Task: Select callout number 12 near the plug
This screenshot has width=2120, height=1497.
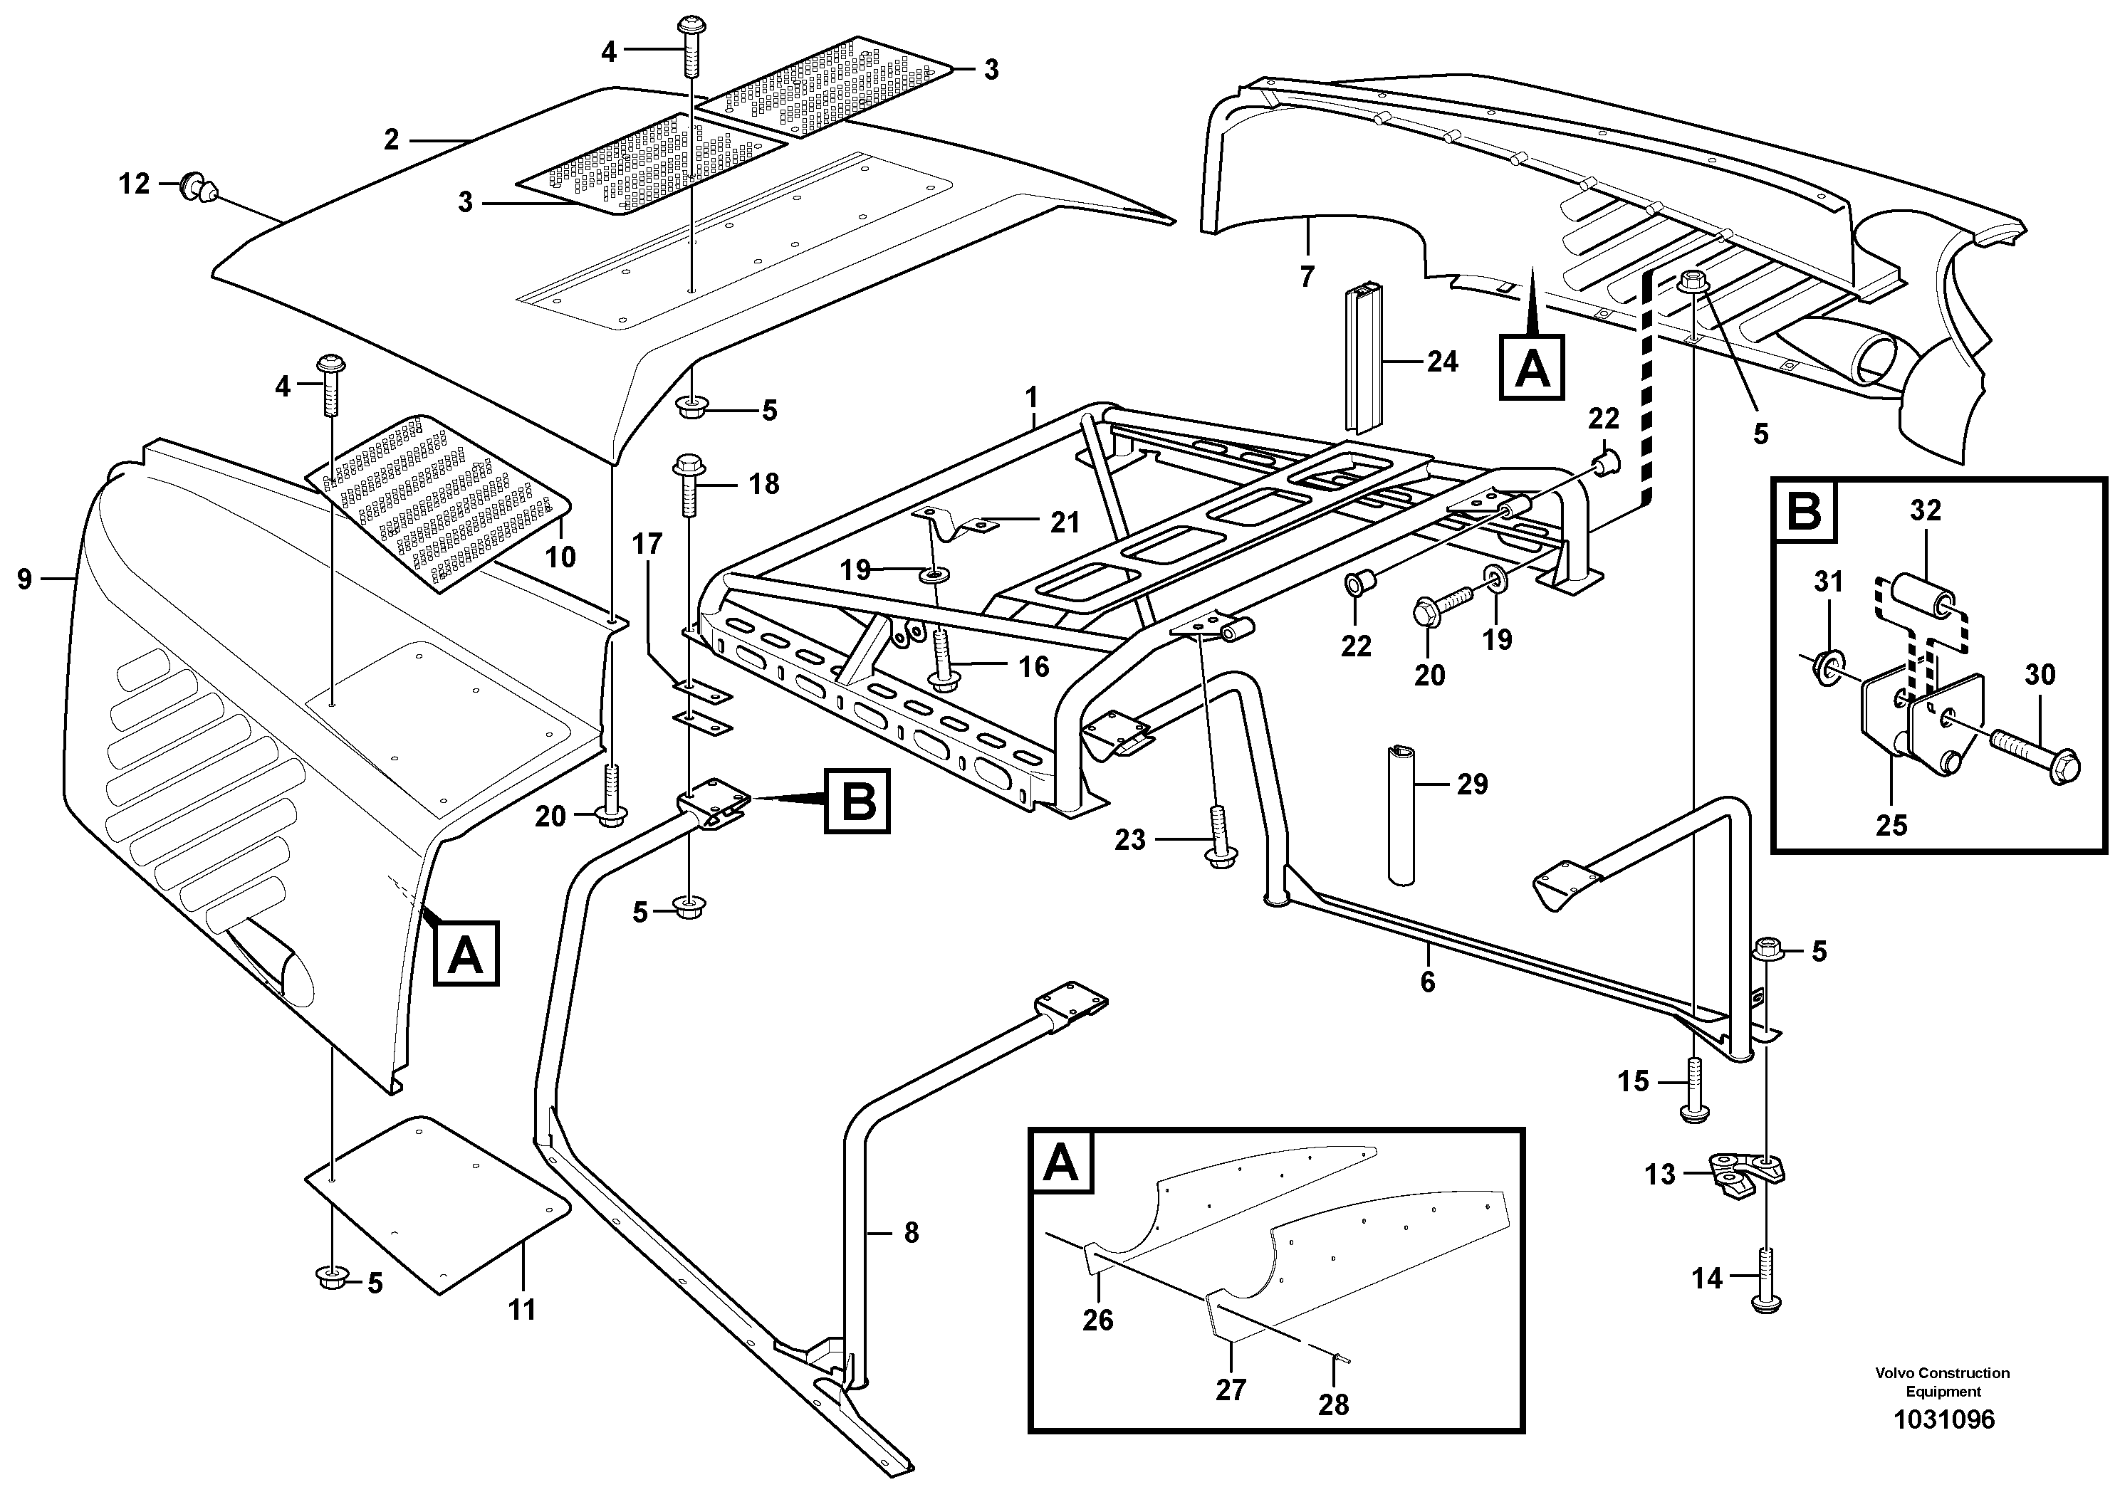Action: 134,184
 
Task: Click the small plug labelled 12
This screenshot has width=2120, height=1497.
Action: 197,187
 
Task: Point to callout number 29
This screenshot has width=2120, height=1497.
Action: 1472,784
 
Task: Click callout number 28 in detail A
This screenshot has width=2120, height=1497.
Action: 1333,1404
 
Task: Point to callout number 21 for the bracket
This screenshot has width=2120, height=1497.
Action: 1065,523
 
